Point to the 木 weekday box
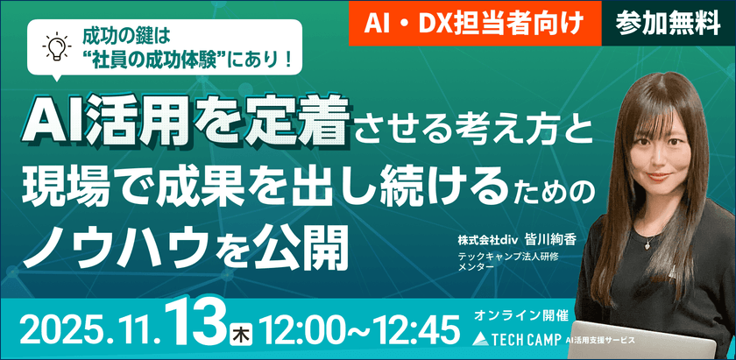pos(239,335)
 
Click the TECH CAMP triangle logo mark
pos(478,338)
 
